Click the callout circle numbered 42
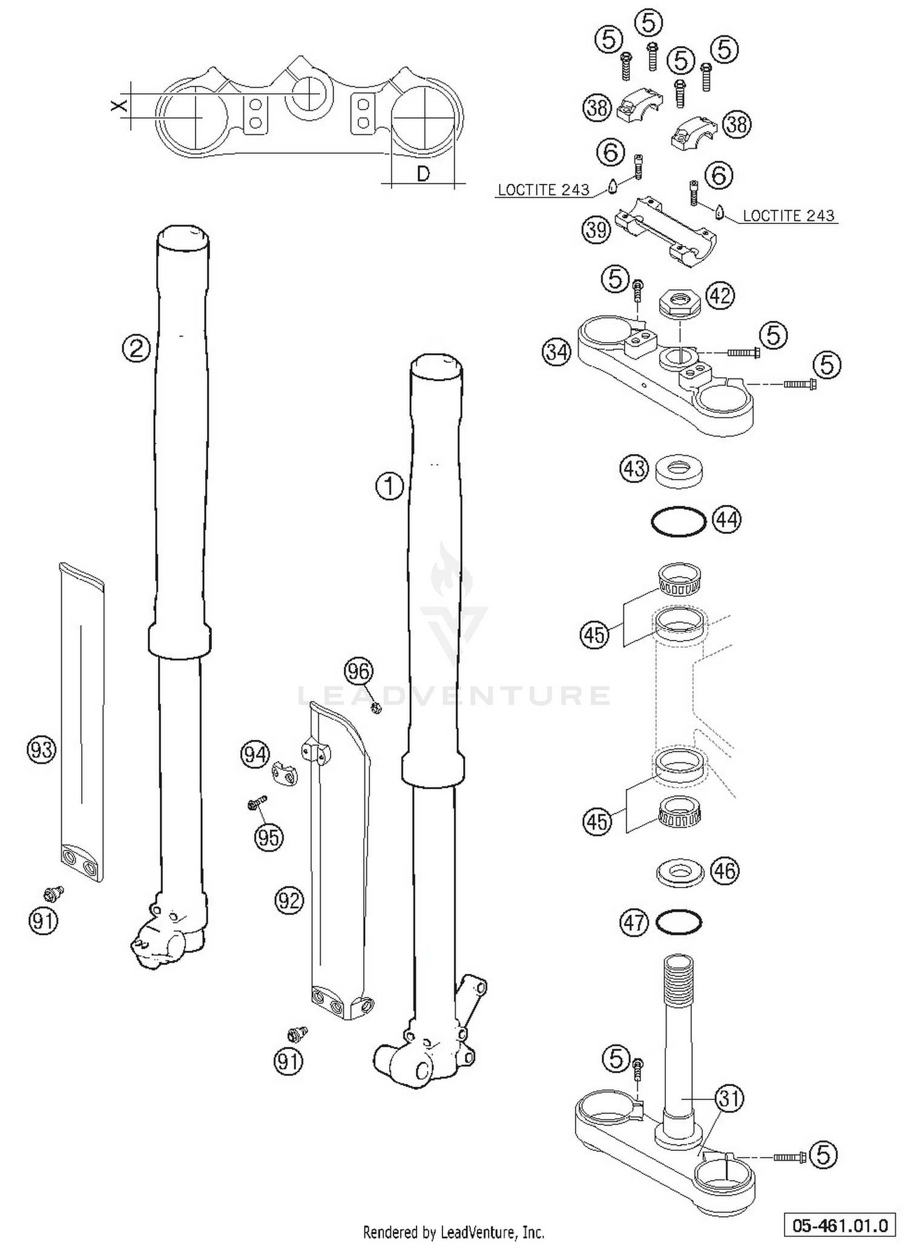pos(720,296)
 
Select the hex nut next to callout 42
pos(679,302)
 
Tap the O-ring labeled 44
pos(678,521)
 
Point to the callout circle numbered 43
pos(634,469)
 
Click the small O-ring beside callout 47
pos(679,923)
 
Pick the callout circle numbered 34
pos(556,352)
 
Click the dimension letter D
pos(423,174)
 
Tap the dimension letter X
pos(119,105)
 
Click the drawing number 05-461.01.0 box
pos(840,1225)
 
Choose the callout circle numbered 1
pos(389,486)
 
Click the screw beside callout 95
pos(257,804)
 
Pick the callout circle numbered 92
pos(288,901)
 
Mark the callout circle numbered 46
pos(725,871)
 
